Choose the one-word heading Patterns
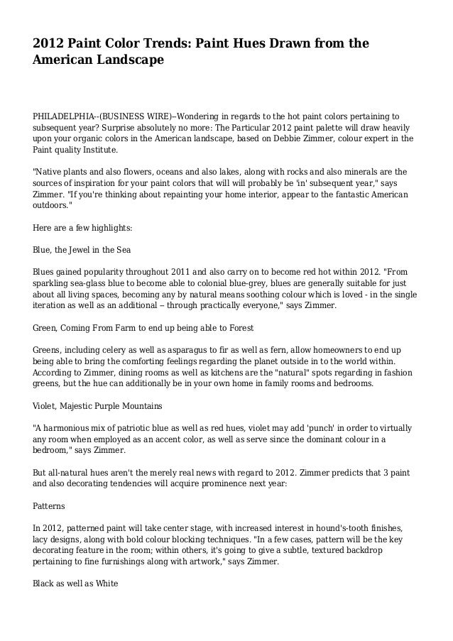tap(49, 508)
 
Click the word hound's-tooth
tap(340, 530)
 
